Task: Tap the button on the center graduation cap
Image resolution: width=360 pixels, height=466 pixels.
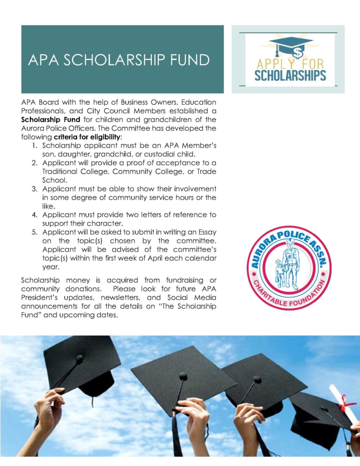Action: (183, 376)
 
